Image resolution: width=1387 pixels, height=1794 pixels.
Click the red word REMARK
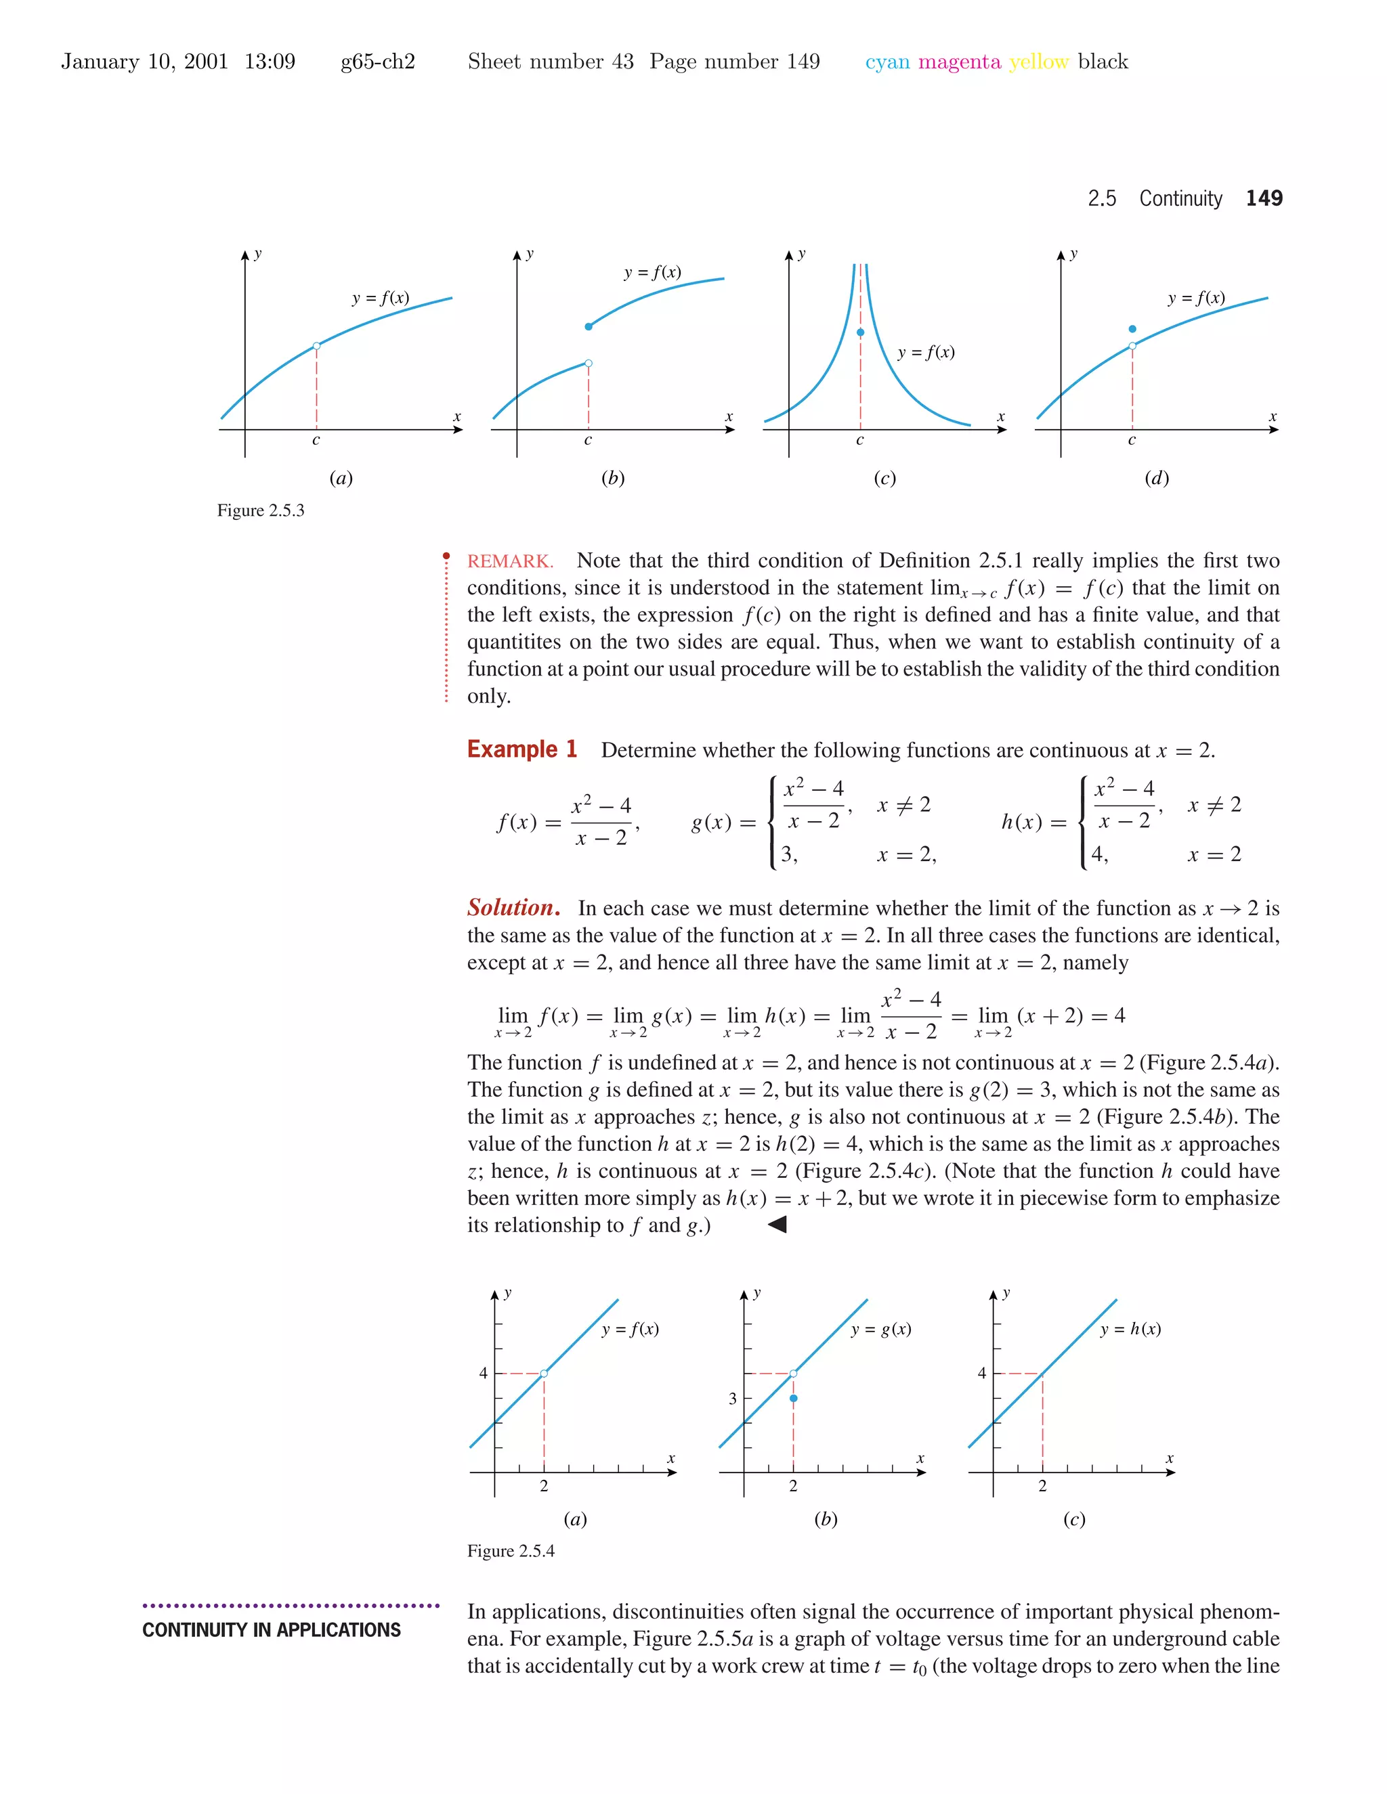(x=510, y=561)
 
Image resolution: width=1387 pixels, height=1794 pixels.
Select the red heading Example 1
(x=521, y=749)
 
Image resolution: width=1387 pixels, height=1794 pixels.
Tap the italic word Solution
(x=513, y=908)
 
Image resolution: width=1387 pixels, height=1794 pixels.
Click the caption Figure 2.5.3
(x=261, y=510)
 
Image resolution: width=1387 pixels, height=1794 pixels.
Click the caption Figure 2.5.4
(x=510, y=1551)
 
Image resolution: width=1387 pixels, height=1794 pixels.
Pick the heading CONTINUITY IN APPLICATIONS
(x=271, y=1629)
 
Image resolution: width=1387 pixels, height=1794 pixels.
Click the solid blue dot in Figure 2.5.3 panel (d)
(x=1132, y=328)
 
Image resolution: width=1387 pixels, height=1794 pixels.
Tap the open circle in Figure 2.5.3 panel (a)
(x=316, y=346)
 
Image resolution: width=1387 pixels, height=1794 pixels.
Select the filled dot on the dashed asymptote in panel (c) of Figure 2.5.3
(x=860, y=332)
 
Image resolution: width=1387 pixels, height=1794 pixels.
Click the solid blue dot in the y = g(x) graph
(x=793, y=1398)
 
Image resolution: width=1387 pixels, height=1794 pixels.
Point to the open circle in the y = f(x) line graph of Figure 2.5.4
(x=544, y=1374)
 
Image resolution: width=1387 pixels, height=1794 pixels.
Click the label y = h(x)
(x=1130, y=1329)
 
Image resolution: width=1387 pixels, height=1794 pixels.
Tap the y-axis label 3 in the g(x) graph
(x=732, y=1398)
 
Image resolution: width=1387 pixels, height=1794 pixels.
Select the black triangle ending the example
(x=777, y=1225)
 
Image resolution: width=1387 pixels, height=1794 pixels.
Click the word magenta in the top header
(x=959, y=62)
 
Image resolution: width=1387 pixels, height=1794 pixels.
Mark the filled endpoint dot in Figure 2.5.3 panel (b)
(x=589, y=327)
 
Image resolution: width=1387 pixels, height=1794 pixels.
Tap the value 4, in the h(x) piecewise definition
(x=1099, y=854)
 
